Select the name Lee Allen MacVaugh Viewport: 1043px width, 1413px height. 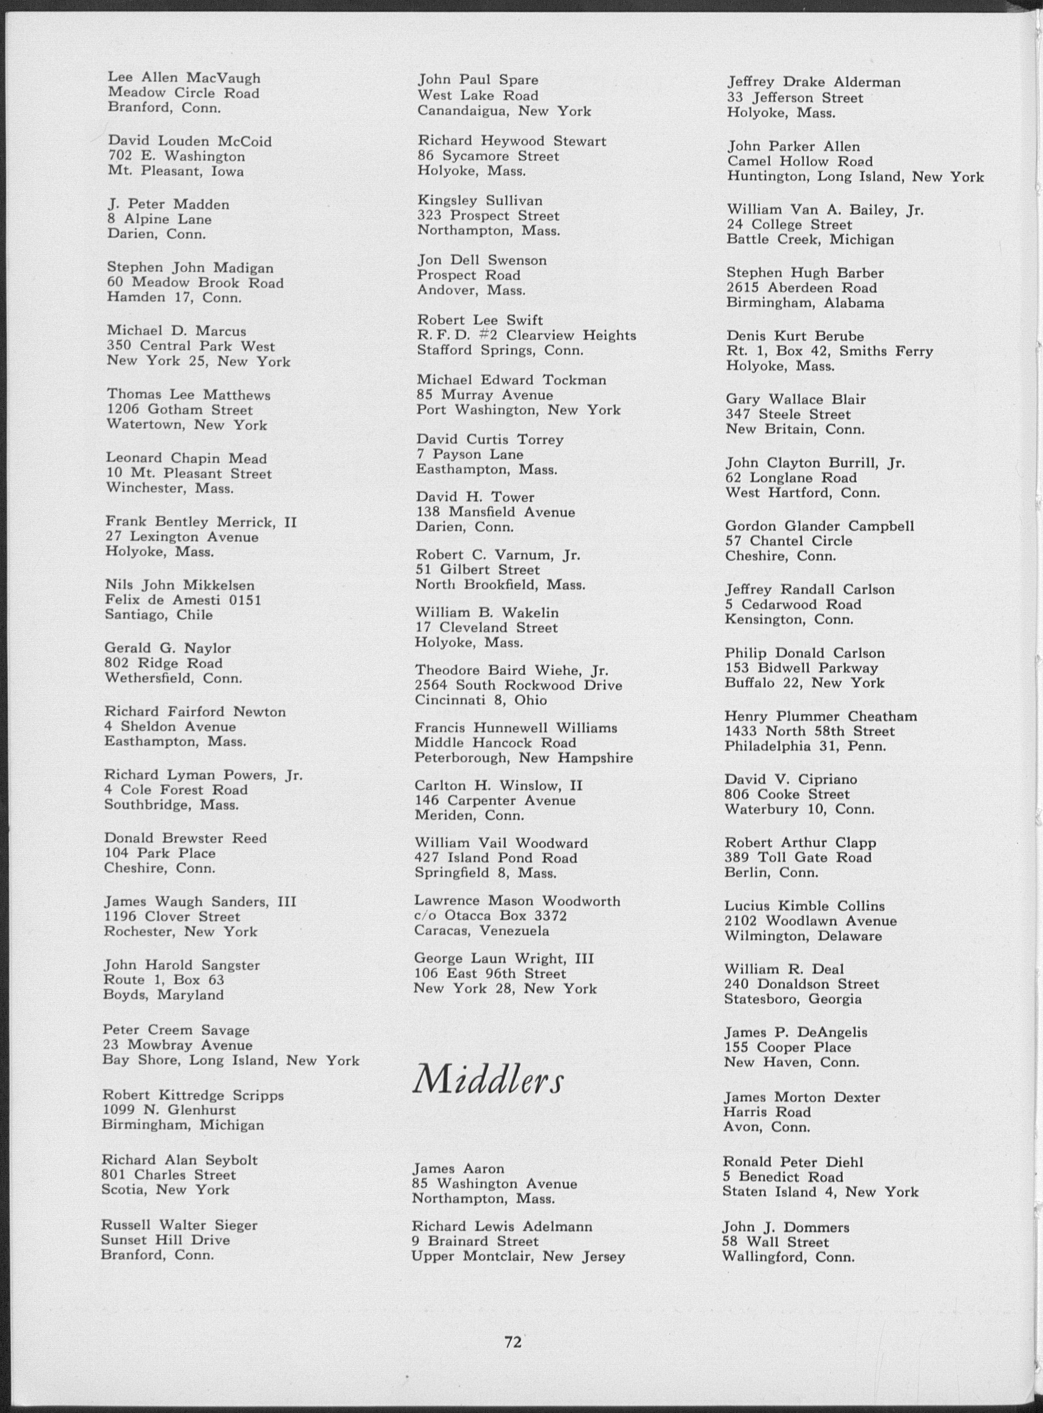(x=184, y=78)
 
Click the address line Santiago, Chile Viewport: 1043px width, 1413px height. (x=159, y=615)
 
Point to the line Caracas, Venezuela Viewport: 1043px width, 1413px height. (x=482, y=931)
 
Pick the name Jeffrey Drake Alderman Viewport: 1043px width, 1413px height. (x=814, y=82)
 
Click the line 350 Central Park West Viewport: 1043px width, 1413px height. (x=191, y=346)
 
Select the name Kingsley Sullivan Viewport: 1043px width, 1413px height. (x=480, y=201)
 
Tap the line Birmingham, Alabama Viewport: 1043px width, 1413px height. (x=805, y=303)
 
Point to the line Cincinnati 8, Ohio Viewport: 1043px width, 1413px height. (x=480, y=700)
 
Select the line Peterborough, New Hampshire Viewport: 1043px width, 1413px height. (x=523, y=758)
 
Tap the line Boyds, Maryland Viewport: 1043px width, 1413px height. (x=163, y=995)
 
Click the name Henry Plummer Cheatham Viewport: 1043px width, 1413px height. (x=821, y=716)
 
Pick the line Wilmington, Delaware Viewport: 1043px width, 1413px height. (x=803, y=936)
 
